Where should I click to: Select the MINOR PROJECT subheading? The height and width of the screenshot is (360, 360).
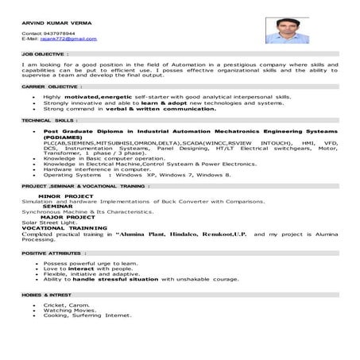[64, 195]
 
